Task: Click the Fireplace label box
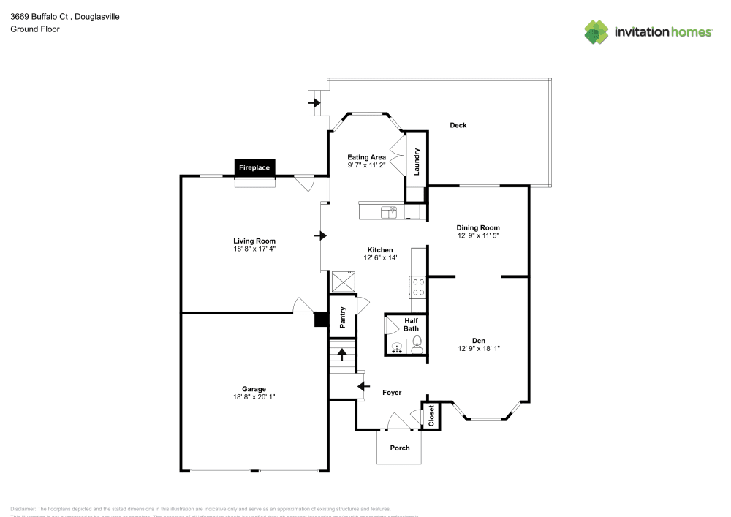(x=254, y=168)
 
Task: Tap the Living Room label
(x=254, y=241)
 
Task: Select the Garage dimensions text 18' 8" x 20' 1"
(x=254, y=396)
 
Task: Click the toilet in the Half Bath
(x=416, y=344)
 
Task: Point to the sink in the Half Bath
(x=397, y=347)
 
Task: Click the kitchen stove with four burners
(x=419, y=286)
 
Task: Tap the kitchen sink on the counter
(x=388, y=211)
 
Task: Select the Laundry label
(x=417, y=162)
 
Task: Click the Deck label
(x=458, y=125)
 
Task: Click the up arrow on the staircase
(x=341, y=355)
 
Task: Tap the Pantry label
(x=341, y=317)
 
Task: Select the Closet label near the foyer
(x=431, y=415)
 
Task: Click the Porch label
(x=400, y=448)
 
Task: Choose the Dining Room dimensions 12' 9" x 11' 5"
(x=478, y=235)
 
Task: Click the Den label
(x=478, y=341)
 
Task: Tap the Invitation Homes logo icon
(x=597, y=31)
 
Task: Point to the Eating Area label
(x=366, y=157)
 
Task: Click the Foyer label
(x=392, y=393)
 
